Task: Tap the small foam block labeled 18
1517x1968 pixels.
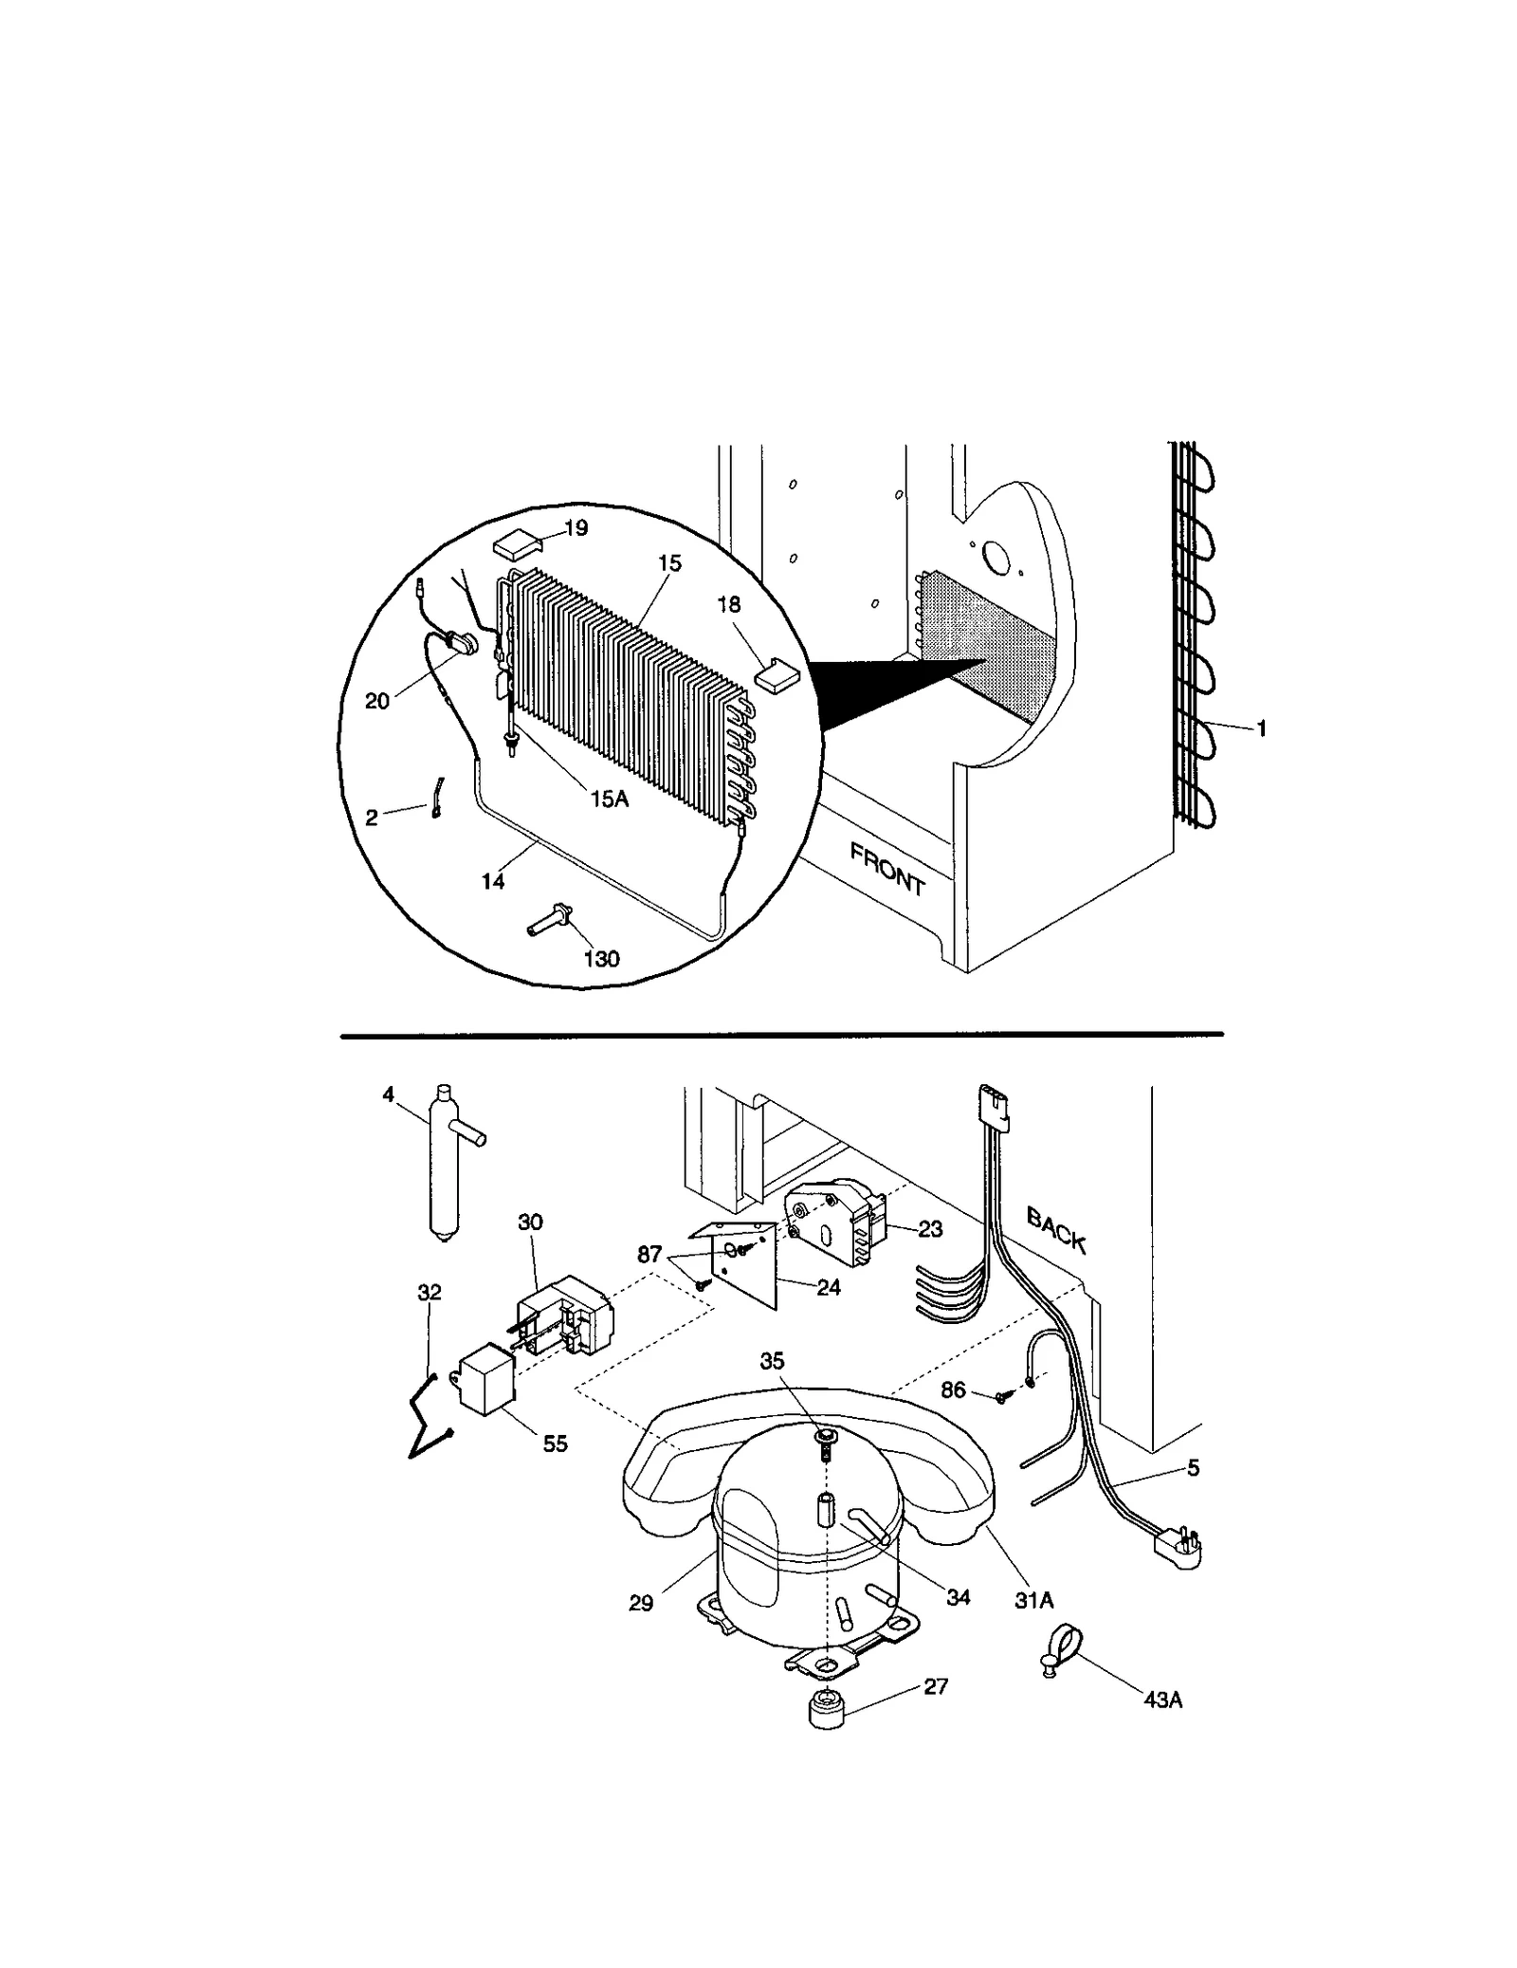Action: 778,674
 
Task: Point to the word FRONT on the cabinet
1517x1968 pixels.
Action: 886,870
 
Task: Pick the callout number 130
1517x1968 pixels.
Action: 601,959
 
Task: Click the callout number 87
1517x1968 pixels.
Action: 649,1255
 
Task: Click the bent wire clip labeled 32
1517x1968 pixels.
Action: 426,1424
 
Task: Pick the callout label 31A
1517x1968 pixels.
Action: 1033,1601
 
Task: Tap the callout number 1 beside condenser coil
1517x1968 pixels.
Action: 1261,729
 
